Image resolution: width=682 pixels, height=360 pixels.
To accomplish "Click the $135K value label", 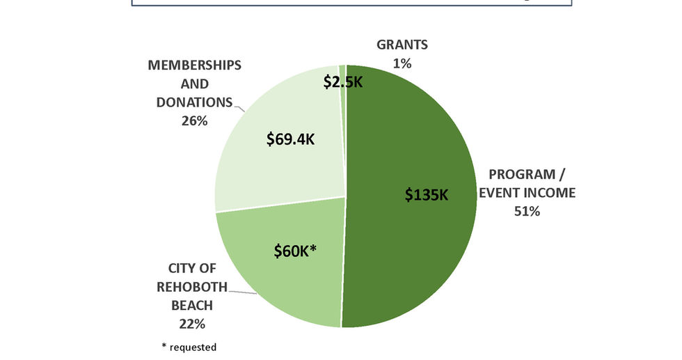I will tap(427, 194).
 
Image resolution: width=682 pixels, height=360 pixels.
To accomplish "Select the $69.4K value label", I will tap(290, 139).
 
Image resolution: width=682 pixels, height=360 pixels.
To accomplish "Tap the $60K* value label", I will tap(295, 251).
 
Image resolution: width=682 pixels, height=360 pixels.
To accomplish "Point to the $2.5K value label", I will tap(344, 82).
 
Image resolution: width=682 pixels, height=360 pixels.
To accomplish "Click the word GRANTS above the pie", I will tap(402, 45).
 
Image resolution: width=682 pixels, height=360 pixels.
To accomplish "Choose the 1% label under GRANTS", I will tap(402, 63).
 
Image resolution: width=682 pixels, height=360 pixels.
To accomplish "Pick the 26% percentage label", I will tap(195, 120).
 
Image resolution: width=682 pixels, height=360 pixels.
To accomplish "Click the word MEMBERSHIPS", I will tap(195, 65).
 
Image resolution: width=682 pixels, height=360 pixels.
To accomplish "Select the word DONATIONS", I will tap(195, 102).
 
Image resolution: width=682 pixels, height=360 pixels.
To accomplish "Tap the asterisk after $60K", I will tap(314, 247).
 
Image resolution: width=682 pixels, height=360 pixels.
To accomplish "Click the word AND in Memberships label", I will tap(195, 84).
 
